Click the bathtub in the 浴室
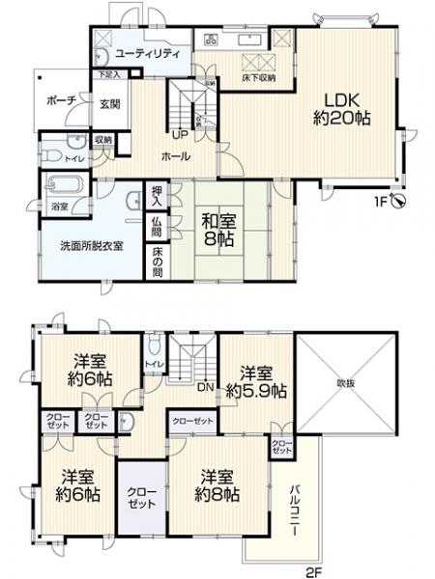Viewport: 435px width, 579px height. (66, 182)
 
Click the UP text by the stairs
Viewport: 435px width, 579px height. (180, 134)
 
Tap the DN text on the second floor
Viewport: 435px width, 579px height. (204, 385)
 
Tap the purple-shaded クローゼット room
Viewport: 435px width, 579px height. (141, 496)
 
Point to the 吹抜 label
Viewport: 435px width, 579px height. (346, 382)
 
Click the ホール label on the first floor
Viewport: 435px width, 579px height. (175, 156)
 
